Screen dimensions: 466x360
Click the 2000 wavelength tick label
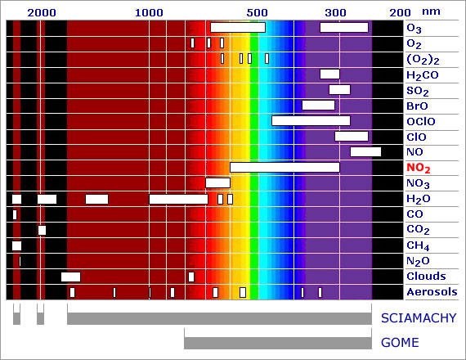coord(42,13)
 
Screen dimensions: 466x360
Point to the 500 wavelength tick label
coord(257,13)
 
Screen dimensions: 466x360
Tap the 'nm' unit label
coord(431,11)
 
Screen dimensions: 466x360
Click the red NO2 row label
coord(419,168)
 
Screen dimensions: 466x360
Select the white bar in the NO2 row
coord(285,167)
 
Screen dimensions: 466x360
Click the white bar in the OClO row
coord(311,121)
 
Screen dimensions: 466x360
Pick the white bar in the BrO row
coord(318,106)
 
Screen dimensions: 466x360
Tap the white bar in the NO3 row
coord(217,182)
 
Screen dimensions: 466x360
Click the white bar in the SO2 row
coord(340,89)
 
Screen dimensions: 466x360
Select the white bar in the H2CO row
coord(330,74)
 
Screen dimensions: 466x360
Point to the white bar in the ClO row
coord(352,137)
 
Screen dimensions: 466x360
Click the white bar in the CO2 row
coord(42,230)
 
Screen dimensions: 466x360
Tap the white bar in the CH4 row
coord(16,245)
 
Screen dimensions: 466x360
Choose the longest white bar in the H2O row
coord(178,199)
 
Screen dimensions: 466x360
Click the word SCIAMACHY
coord(419,318)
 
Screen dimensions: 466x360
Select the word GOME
coord(400,343)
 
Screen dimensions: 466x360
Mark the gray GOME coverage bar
coord(278,343)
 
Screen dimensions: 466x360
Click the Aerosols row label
coord(432,292)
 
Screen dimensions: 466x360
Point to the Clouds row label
coord(426,277)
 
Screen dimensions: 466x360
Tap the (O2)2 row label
coord(423,60)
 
